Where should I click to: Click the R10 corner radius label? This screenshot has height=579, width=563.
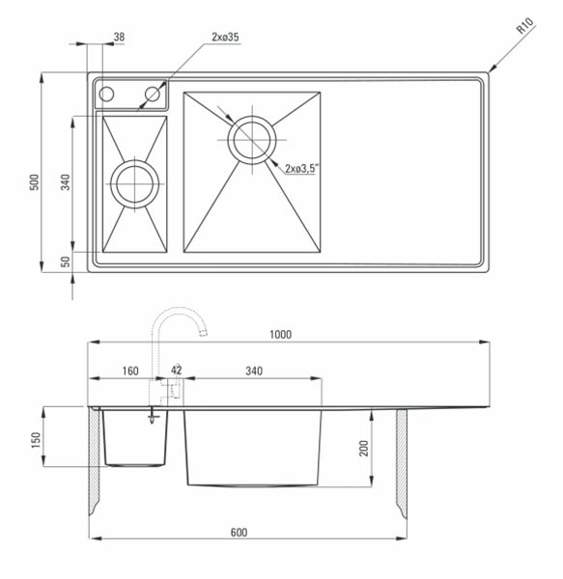(525, 26)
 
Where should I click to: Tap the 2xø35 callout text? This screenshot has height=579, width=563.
(225, 37)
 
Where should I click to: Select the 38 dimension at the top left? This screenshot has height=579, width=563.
(119, 37)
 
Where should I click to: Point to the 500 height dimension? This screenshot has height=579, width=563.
(34, 182)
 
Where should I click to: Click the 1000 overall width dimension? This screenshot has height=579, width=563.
(280, 335)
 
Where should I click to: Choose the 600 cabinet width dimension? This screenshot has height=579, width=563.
(239, 533)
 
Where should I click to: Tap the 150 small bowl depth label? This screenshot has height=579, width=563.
(36, 440)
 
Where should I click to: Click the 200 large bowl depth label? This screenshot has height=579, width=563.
(364, 449)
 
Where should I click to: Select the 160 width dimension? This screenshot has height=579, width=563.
(130, 371)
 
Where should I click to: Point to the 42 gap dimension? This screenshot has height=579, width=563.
(177, 370)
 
